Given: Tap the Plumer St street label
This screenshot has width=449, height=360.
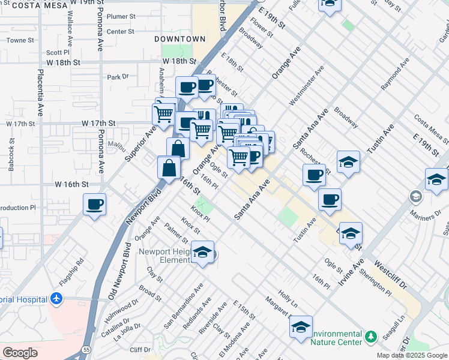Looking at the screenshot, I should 121,17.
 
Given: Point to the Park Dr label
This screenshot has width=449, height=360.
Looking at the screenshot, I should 118,77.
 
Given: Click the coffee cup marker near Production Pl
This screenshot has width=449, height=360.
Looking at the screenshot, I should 95,205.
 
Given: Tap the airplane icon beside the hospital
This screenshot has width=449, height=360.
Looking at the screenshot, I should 56,298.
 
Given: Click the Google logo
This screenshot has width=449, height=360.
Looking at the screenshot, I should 20,353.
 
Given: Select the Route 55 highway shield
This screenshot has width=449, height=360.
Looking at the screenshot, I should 88,348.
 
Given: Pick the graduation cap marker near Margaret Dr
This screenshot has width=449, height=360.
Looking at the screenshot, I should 301,328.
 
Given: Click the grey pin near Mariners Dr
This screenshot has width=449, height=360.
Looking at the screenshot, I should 415,196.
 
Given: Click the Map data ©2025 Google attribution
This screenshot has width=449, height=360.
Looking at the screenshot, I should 411,355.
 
